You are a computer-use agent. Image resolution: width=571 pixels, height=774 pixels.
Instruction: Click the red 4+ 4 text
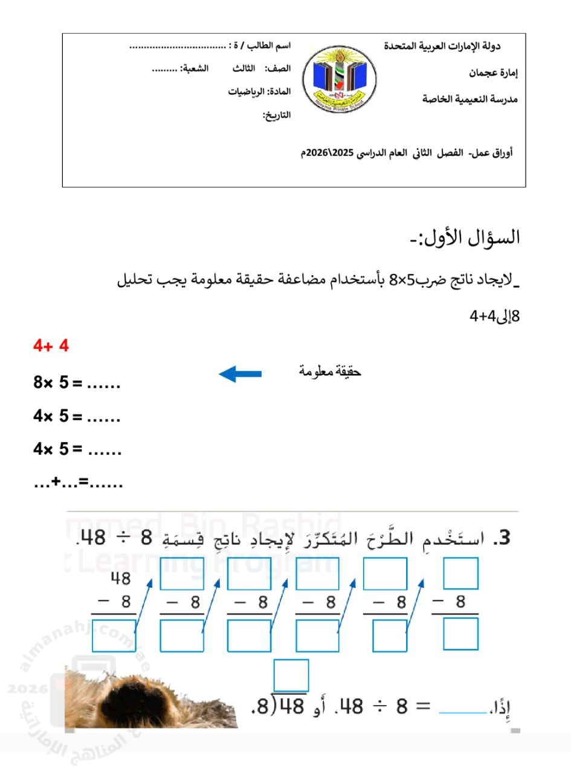point(51,346)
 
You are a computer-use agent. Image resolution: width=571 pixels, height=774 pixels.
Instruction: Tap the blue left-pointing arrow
point(240,374)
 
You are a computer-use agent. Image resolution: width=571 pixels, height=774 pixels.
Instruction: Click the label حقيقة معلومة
point(330,371)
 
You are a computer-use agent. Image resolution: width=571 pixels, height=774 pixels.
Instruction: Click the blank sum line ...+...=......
point(78,483)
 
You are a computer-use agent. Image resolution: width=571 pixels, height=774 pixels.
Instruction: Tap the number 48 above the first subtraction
point(121,579)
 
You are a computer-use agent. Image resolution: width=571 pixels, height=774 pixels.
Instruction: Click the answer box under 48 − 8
point(114,635)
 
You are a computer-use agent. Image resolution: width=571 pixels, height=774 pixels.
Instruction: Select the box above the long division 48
point(291,675)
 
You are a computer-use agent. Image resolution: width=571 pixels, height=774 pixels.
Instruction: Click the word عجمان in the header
point(485,73)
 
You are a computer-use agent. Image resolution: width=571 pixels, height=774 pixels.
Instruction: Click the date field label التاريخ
point(276,115)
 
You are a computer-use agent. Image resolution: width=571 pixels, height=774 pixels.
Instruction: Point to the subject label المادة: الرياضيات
point(259,92)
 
